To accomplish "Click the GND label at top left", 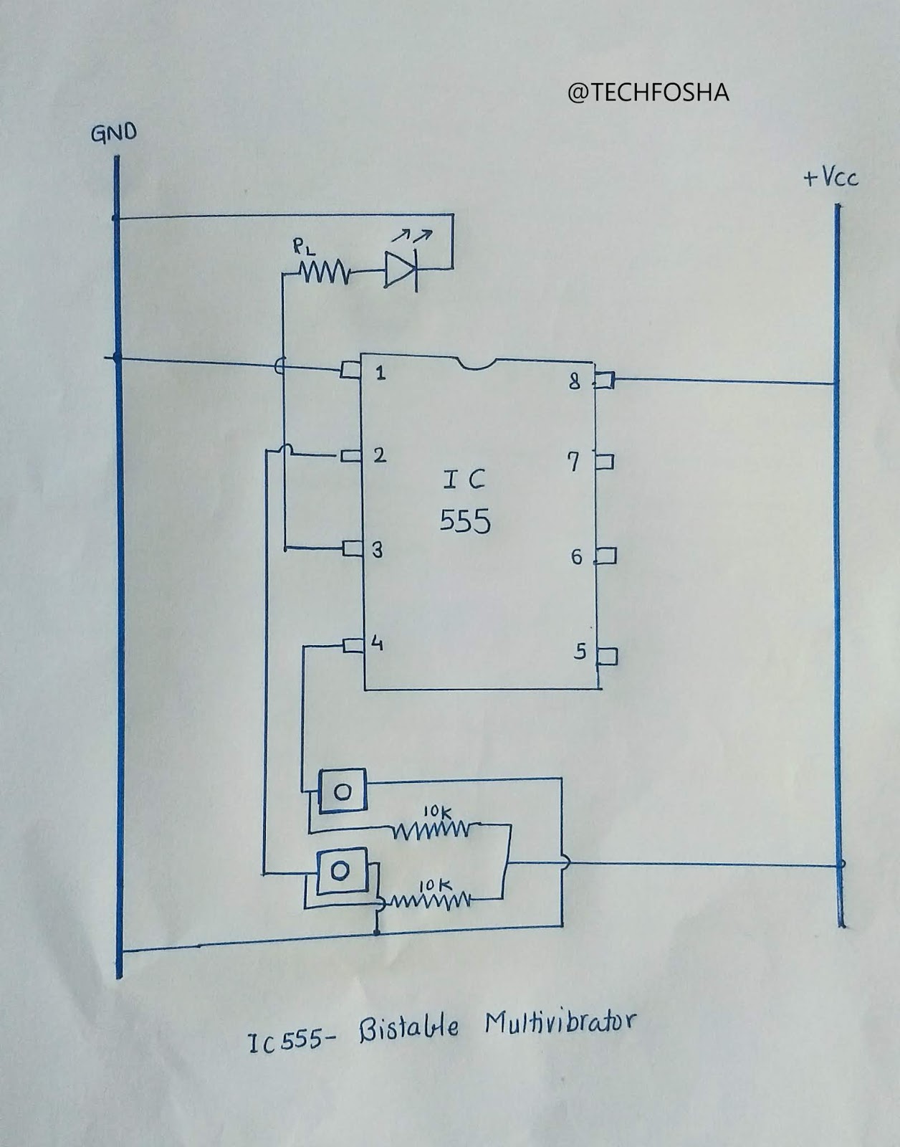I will click(x=113, y=133).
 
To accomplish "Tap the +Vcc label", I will click(x=830, y=178).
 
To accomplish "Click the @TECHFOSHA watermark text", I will click(x=648, y=92).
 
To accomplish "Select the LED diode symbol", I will click(x=401, y=270).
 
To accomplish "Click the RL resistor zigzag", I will click(x=325, y=272).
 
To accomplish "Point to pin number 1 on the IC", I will click(x=380, y=373).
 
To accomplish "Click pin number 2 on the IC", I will click(x=380, y=455).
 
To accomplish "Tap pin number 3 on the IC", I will click(x=378, y=550).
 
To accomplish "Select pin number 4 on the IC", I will click(x=377, y=644).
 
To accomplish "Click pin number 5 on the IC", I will click(x=580, y=651).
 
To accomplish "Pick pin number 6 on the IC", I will click(x=577, y=557).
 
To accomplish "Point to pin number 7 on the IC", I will click(x=573, y=462).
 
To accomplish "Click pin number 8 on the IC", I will click(x=574, y=381).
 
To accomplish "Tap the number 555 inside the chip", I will click(x=465, y=521).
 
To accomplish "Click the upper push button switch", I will click(x=343, y=791).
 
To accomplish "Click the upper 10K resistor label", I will click(x=436, y=812).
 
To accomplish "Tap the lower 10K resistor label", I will click(x=434, y=886).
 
